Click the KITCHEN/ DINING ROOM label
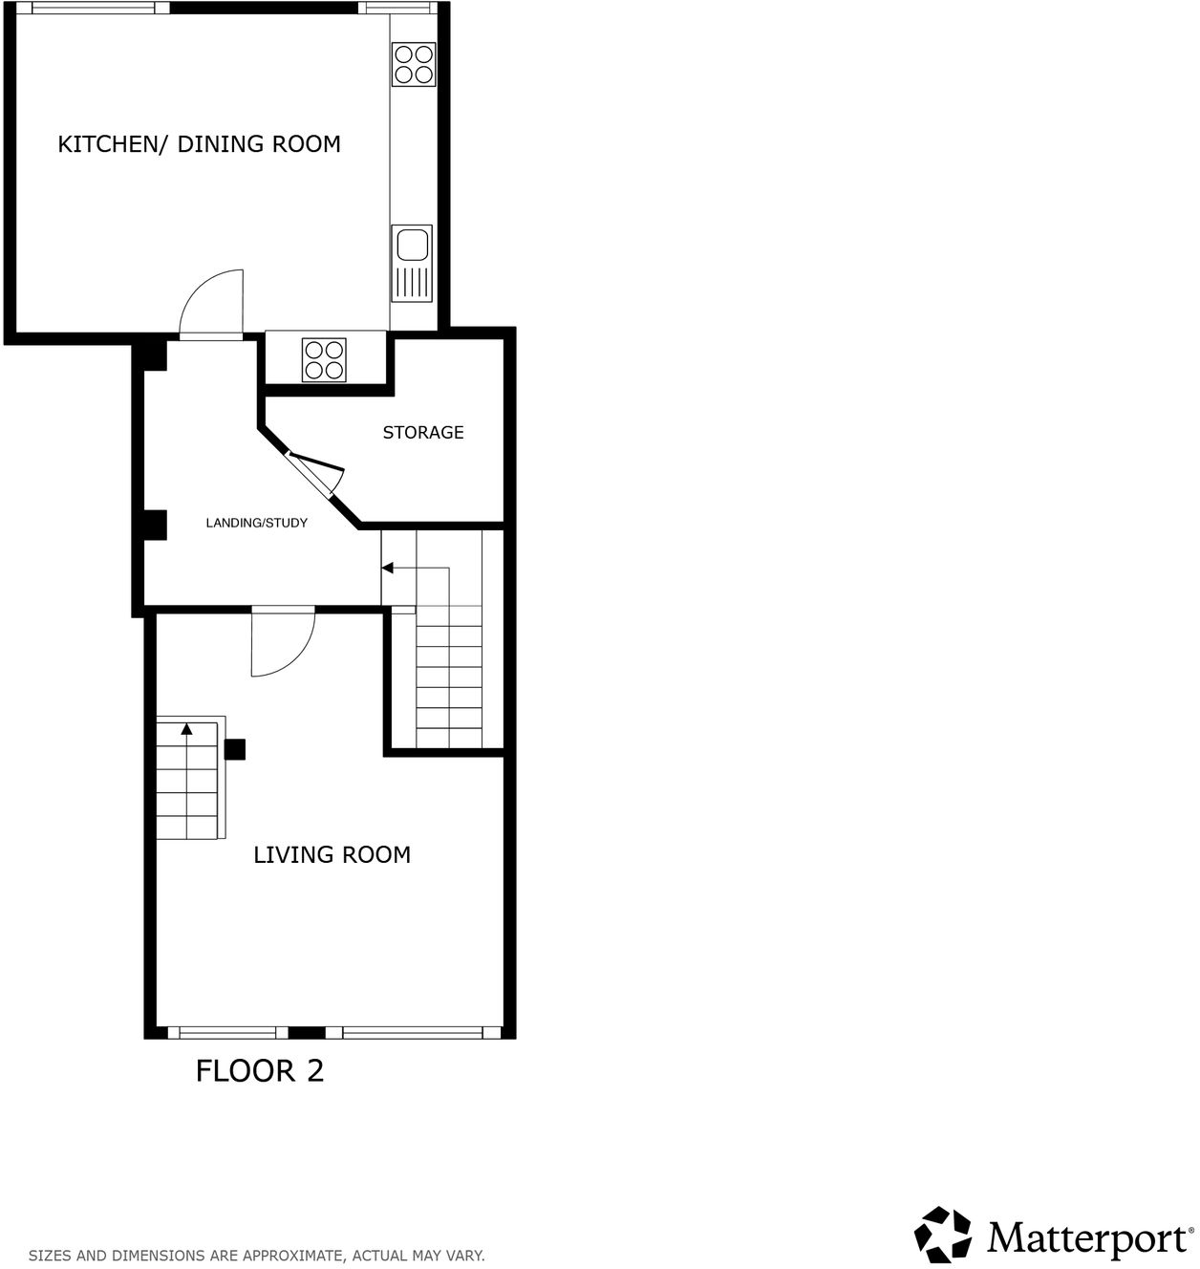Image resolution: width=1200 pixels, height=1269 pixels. click(199, 144)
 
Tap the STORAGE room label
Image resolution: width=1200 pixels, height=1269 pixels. click(423, 433)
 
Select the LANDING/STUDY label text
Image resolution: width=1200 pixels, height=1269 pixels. click(256, 523)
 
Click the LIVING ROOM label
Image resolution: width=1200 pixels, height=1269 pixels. click(332, 855)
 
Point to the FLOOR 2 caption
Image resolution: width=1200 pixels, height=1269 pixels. click(260, 1070)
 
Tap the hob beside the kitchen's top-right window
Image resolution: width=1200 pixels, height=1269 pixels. click(414, 64)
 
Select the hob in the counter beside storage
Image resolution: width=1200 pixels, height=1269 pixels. click(324, 360)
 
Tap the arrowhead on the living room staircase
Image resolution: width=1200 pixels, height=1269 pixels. click(186, 729)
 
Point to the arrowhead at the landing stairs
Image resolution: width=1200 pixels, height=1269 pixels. click(387, 569)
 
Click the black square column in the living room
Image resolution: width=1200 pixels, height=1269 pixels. click(234, 749)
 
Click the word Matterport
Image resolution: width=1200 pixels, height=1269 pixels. click(1087, 1238)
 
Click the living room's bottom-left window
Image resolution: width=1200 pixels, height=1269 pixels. click(227, 1032)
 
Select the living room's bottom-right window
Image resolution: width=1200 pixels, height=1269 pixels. click(413, 1032)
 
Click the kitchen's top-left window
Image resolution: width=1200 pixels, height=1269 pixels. click(93, 8)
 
